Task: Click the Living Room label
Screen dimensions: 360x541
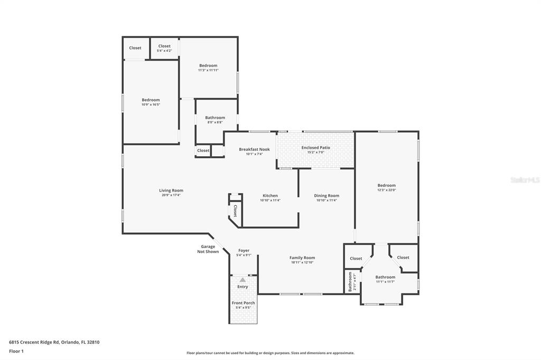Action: tap(171, 191)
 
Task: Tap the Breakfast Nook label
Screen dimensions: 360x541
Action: tap(254, 149)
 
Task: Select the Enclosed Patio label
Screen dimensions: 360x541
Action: tap(315, 148)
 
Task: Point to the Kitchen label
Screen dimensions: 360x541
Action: tap(269, 196)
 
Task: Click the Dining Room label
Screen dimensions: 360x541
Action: tap(327, 196)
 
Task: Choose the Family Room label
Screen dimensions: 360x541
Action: tap(302, 258)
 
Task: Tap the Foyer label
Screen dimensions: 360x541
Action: tap(244, 251)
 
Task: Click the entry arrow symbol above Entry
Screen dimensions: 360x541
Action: tap(242, 280)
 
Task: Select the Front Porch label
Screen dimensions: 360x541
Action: tap(243, 303)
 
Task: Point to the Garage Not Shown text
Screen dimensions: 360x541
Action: tap(208, 249)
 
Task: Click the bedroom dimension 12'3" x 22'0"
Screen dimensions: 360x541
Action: tap(386, 190)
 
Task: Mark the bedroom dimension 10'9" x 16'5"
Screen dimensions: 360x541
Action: tap(151, 105)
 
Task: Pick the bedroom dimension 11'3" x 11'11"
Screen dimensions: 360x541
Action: tap(208, 70)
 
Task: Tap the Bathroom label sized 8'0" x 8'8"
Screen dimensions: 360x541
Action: tap(215, 118)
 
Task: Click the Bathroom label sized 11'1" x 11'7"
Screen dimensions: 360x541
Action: tap(385, 277)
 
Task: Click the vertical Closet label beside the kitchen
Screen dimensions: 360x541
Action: tap(235, 211)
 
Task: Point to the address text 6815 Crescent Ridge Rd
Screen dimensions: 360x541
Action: tap(54, 342)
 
